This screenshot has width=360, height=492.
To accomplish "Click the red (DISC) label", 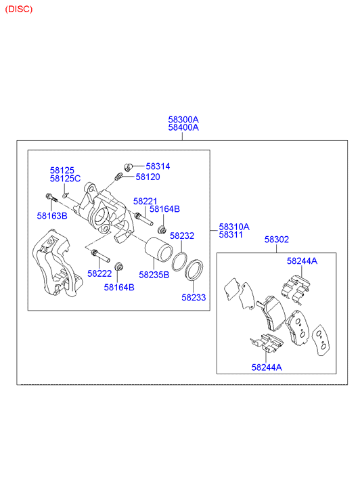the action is coord(19,9).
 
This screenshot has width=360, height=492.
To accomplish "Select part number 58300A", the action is coord(183,120).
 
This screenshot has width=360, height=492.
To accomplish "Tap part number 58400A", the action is coord(183,127).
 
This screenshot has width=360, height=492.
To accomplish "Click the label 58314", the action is coord(158,166).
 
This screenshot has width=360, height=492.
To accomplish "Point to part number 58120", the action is coord(148,177).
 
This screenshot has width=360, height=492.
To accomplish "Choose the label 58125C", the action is coord(65,179).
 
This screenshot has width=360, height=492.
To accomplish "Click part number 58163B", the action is coord(52,216).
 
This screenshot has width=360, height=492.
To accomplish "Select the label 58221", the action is coord(145,201).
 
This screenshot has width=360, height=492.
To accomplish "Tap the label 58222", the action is coord(99,273).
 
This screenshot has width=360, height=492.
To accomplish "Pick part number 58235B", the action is coord(154,275).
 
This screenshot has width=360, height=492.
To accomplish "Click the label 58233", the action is coord(194,298).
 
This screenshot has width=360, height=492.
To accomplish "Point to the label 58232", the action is coord(182,236).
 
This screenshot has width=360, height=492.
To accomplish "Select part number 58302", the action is coord(277,240).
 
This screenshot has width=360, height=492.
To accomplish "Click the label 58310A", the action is coord(234,227).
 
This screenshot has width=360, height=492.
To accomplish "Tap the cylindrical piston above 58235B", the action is coord(158,249).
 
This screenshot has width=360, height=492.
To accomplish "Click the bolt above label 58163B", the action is coord(51,198).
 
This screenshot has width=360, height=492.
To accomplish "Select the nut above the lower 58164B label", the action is coord(118,267).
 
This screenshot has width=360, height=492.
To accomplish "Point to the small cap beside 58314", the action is coord(128,166).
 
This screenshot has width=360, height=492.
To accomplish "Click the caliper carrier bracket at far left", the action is coord(57,263).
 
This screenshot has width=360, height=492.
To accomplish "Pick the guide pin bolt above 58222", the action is coord(100,256).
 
